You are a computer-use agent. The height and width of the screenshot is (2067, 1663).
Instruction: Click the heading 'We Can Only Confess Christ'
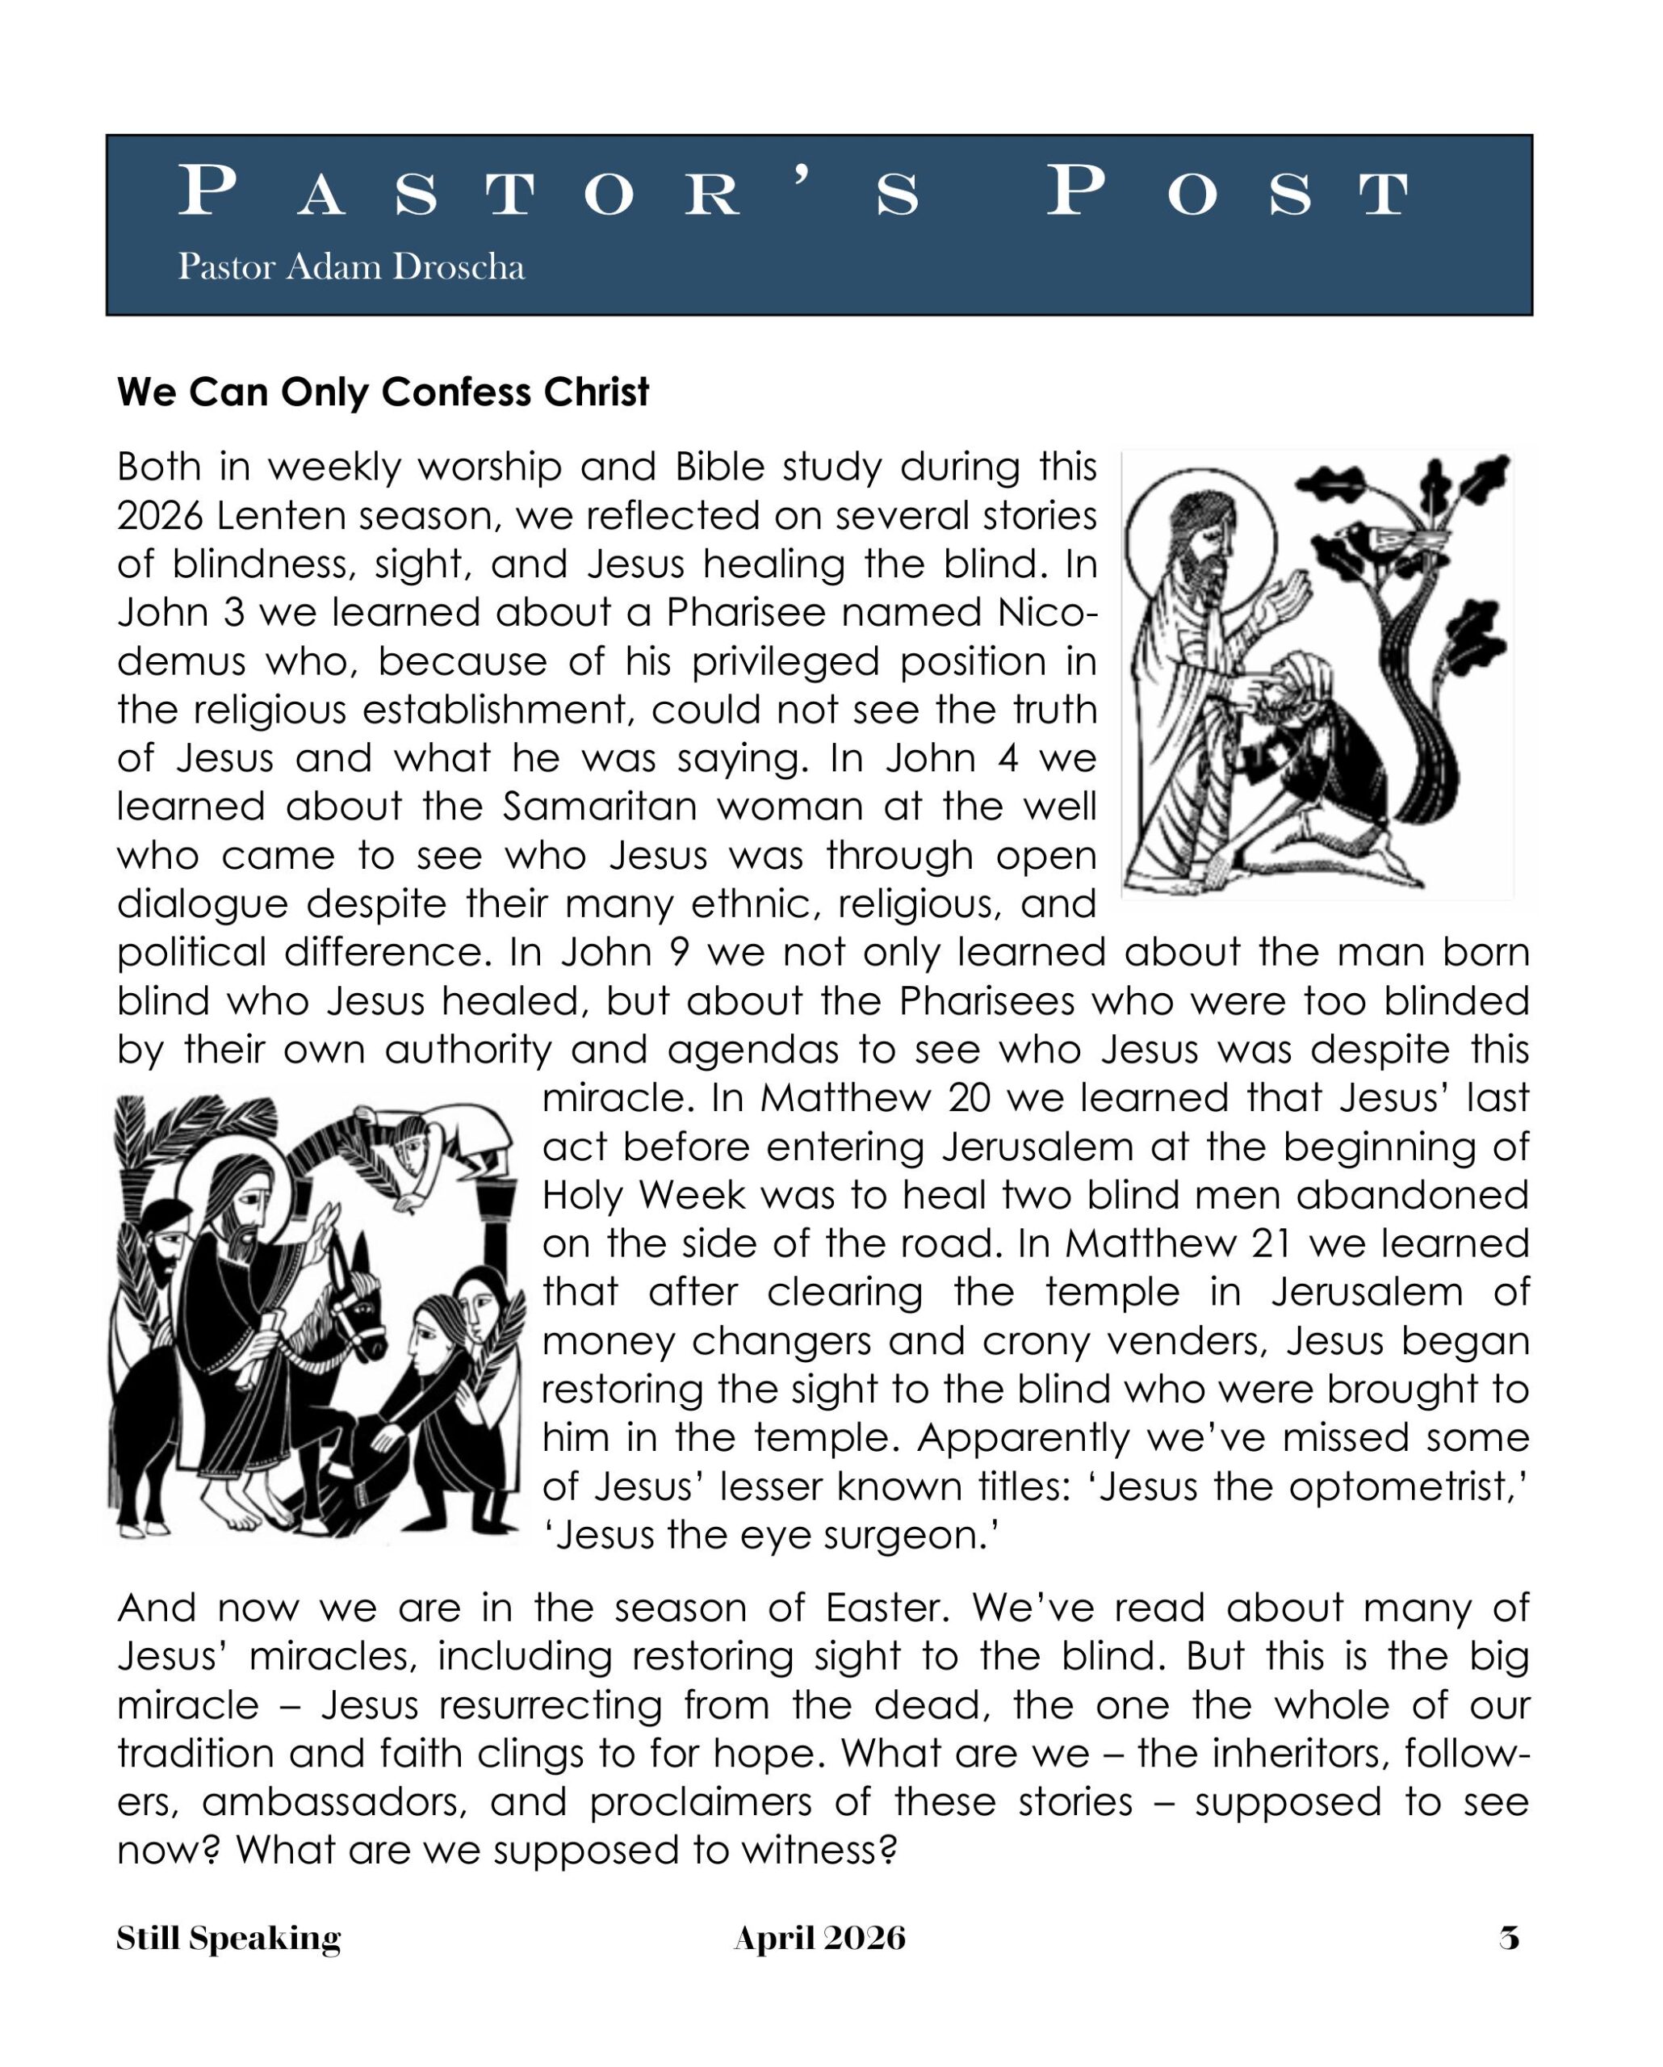pyautogui.click(x=383, y=392)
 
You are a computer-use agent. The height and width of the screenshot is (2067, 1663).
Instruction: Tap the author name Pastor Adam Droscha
pyautogui.click(x=351, y=266)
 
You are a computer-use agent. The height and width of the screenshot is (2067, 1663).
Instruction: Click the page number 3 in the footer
pyautogui.click(x=1510, y=1938)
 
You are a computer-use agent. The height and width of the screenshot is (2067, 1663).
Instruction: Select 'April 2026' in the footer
pyautogui.click(x=819, y=1938)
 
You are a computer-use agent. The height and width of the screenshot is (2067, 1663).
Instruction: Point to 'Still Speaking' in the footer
pyautogui.click(x=228, y=1938)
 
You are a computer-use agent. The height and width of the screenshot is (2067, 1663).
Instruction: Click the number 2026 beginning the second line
pyautogui.click(x=160, y=516)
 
